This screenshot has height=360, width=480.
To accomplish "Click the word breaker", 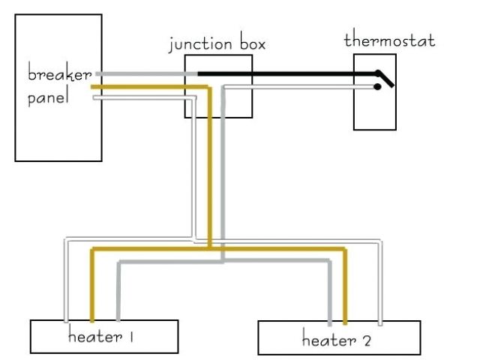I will [59, 75].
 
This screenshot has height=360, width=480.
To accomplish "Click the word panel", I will [48, 98].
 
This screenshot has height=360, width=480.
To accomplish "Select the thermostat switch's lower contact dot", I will [378, 87].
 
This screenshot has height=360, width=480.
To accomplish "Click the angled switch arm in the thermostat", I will [385, 77].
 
